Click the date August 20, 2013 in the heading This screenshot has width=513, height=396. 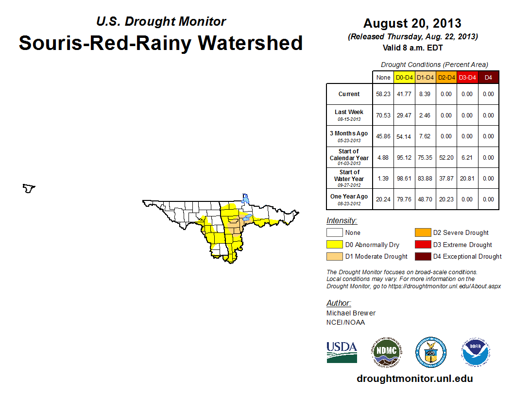click(412, 23)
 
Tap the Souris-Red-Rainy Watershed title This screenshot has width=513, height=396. click(161, 43)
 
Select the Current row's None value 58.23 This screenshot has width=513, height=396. click(383, 94)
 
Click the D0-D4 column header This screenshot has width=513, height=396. click(404, 78)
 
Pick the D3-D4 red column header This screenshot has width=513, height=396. click(467, 78)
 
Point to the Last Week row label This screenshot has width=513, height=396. click(349, 115)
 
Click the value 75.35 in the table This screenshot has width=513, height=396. click(425, 158)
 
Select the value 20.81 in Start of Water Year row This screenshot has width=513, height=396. click(467, 179)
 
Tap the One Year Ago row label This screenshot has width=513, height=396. click(349, 199)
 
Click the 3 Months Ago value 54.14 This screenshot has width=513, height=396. click(404, 136)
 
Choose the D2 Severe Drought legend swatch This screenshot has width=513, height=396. click(423, 232)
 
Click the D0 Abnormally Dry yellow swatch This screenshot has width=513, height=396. click(334, 245)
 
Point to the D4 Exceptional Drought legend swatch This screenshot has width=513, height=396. click(423, 256)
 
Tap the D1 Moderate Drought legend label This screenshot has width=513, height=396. click(376, 257)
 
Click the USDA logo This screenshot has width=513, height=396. click(342, 352)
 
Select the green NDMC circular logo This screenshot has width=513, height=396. click(387, 352)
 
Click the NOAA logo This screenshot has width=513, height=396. click(476, 352)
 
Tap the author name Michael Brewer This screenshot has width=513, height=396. click(351, 313)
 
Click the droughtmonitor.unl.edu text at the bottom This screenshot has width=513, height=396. click(415, 379)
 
